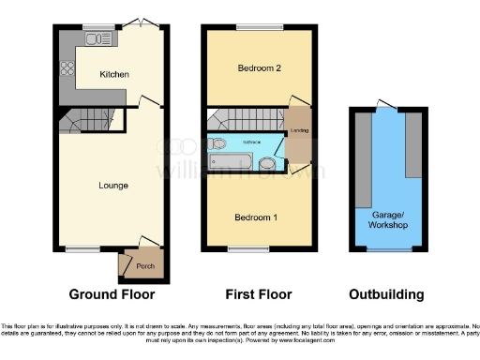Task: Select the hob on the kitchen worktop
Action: click(x=67, y=67)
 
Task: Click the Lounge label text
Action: click(x=113, y=186)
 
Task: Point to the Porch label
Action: click(x=143, y=264)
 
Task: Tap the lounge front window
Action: click(x=82, y=249)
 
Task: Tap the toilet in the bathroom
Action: click(x=218, y=142)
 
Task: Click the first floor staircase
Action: click(x=239, y=120)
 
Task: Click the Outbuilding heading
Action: click(x=384, y=294)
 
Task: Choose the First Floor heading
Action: click(x=254, y=294)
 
